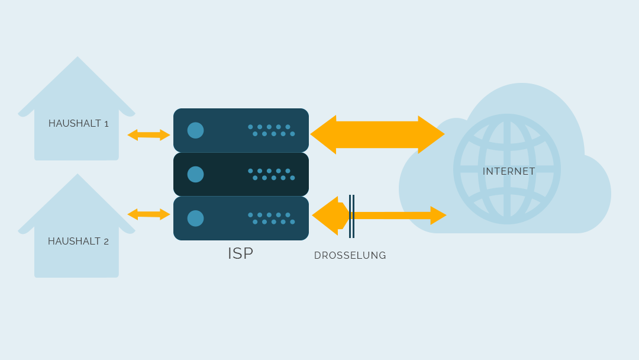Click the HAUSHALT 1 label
(78, 124)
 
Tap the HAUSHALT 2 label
(78, 242)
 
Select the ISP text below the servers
(240, 253)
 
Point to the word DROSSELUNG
(350, 256)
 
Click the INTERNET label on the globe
(509, 171)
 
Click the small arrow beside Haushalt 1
(149, 135)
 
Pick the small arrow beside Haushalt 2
(149, 214)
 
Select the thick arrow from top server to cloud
(377, 134)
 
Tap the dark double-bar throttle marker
(351, 216)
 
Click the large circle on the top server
(196, 130)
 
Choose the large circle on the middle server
(196, 175)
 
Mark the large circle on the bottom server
(196, 218)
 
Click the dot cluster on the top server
(272, 130)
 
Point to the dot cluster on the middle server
(272, 175)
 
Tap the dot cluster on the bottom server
(272, 218)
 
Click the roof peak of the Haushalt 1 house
(78, 57)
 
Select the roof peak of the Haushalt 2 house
(78, 174)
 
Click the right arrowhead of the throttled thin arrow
(438, 216)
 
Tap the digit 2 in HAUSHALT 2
(106, 242)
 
